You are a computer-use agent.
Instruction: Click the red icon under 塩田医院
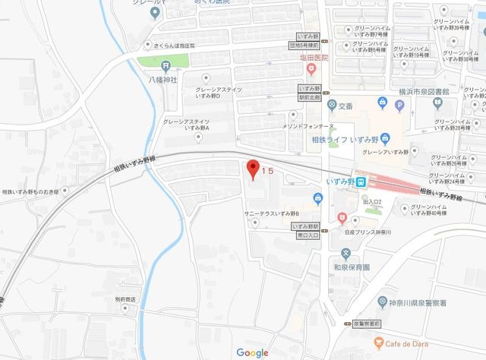click(311, 70)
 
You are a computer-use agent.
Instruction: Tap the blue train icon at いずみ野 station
click(363, 182)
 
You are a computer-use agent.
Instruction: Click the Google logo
click(253, 352)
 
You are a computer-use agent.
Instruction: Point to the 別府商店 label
click(125, 299)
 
